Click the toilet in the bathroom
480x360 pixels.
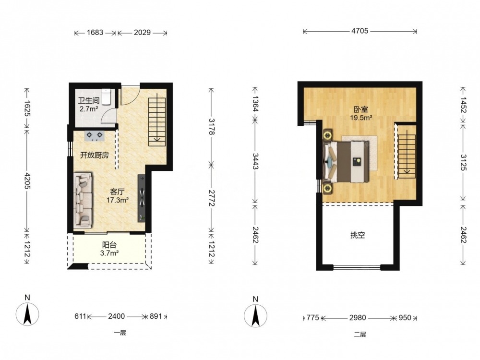tap(106, 96)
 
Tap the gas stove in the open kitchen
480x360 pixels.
tap(94, 136)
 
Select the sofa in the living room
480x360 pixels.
tap(83, 201)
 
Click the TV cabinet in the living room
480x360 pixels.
tap(142, 197)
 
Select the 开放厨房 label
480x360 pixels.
tap(94, 155)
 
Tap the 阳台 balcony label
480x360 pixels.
tap(109, 245)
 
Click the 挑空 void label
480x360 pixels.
tap(358, 235)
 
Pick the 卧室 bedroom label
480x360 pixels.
tap(361, 109)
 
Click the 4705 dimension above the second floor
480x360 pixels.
tap(360, 31)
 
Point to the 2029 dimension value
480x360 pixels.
tap(142, 33)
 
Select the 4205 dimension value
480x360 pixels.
tap(27, 180)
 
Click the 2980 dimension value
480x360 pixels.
tap(358, 318)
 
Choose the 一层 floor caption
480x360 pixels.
tap(120, 333)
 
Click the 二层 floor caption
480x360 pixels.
tap(360, 334)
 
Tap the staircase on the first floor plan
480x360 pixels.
tap(157, 122)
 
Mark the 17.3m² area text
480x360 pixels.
tap(117, 201)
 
